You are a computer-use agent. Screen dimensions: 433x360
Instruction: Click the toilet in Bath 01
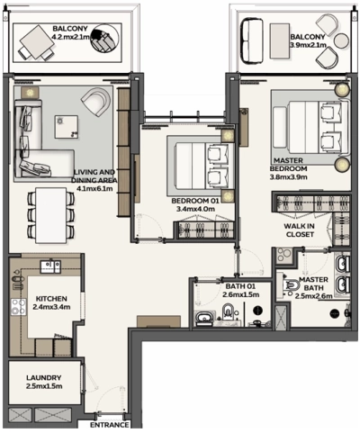pyautogui.click(x=227, y=312)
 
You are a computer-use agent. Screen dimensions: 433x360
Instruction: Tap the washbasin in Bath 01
pyautogui.click(x=203, y=316)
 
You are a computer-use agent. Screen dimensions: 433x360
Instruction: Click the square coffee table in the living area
pyautogui.click(x=67, y=127)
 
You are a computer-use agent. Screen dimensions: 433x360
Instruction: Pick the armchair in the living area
pyautogui.click(x=93, y=102)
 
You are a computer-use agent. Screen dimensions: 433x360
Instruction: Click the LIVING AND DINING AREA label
pyautogui.click(x=95, y=176)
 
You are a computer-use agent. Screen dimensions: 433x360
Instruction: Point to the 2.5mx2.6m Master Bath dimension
pyautogui.click(x=316, y=296)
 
